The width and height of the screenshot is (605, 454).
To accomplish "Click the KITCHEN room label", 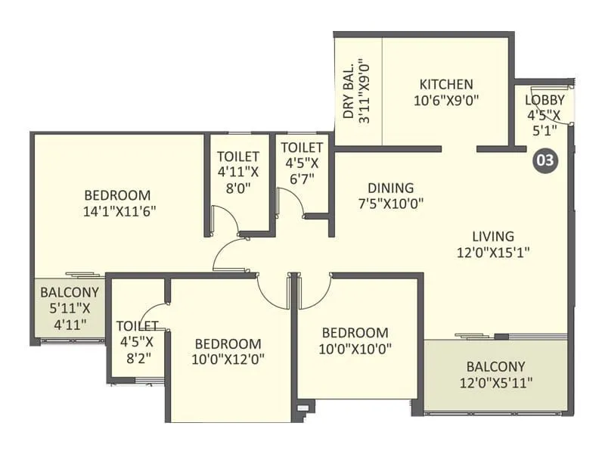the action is pos(446,84).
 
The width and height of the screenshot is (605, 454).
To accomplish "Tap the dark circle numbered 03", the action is pos(545,160).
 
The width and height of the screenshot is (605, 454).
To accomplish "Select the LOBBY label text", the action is pos(544,100).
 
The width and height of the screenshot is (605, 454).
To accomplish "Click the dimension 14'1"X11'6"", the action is pos(119,212).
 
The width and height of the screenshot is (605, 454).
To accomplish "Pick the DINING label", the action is pos(391,188).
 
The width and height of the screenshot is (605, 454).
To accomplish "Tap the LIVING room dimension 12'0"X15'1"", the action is pos(493,253).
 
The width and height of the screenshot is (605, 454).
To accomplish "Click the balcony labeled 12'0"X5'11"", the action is pos(496,374).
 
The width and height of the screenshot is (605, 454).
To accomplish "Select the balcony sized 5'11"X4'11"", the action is pos(70,308).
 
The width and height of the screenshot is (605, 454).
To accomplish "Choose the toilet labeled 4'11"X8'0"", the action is pos(238,182).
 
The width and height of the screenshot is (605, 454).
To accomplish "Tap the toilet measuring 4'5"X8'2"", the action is pos(138,342).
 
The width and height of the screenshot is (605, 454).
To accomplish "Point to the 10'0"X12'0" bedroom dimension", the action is pos(228,359).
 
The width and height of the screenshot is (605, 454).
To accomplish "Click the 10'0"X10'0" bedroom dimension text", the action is pos(355,349).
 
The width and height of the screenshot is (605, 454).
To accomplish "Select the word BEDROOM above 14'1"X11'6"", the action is pos(117,195).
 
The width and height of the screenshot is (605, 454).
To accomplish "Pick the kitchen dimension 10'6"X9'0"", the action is pos(446,101).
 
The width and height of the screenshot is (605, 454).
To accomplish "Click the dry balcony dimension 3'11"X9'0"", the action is pos(364,91).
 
